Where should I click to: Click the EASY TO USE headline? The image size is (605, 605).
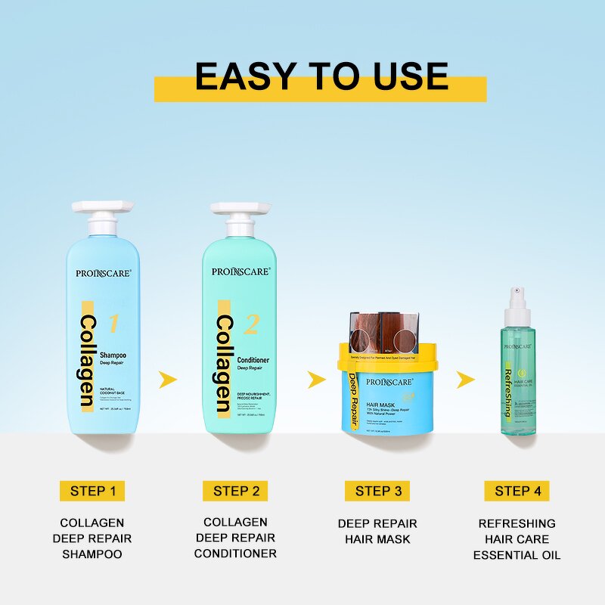click(321, 76)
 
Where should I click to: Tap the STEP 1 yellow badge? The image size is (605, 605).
click(92, 491)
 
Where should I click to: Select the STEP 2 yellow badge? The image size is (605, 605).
click(235, 491)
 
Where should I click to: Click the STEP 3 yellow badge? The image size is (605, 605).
click(377, 491)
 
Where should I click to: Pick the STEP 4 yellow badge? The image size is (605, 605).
click(517, 491)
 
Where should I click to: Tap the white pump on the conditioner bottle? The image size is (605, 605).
click(240, 219)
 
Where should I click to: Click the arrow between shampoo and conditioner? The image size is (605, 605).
click(169, 378)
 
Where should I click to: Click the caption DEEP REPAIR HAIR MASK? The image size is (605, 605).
click(377, 531)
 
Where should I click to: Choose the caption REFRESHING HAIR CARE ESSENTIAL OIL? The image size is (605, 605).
click(517, 539)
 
